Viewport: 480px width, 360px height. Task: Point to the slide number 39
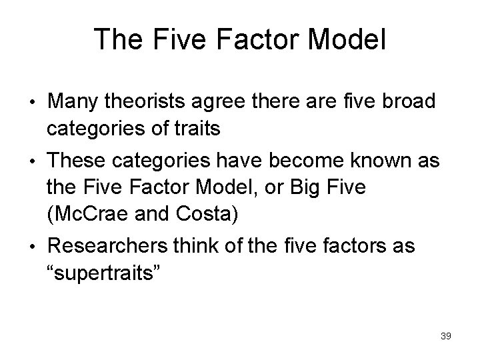[x=446, y=336]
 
